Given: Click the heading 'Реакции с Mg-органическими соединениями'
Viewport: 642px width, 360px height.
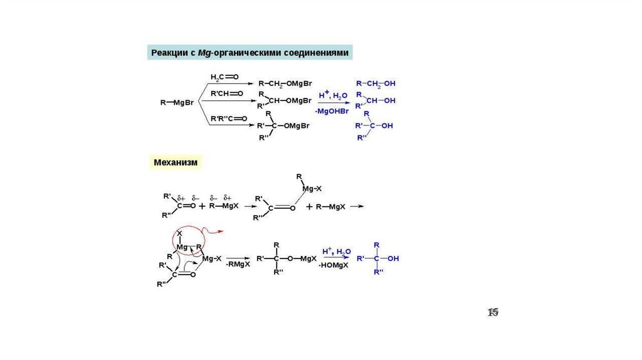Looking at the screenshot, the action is click(250, 53).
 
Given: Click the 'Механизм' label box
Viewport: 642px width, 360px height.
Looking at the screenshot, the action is click(176, 162).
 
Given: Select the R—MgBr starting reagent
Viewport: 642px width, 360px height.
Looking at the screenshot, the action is click(177, 101).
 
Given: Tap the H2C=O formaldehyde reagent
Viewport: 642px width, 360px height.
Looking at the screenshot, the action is click(224, 77).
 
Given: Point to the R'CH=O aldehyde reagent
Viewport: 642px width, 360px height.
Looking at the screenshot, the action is click(226, 94).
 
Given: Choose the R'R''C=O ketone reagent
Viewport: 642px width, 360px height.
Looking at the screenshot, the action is click(229, 118).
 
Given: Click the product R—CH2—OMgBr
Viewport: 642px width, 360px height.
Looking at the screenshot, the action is click(285, 83).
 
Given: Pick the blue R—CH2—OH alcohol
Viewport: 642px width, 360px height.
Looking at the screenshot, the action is click(376, 83).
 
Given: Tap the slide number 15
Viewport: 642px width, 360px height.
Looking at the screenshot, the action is click(493, 312).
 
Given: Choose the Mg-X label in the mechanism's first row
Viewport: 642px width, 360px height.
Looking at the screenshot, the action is click(312, 188).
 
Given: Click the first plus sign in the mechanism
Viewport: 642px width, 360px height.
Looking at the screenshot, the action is click(203, 206).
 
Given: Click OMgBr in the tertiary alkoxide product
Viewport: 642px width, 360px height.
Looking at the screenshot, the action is click(297, 126).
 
